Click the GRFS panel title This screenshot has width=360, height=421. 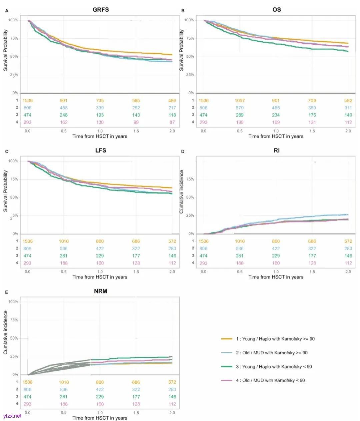100,10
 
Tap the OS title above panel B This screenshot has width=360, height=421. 276,10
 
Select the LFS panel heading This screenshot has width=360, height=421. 100,151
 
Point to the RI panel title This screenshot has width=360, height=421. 276,151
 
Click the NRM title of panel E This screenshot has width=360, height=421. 100,291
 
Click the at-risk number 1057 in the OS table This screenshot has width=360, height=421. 240,101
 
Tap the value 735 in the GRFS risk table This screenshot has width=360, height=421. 100,101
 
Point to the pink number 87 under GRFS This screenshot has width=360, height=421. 172,122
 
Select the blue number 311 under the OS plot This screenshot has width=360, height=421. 348,108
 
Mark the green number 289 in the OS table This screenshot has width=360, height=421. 240,115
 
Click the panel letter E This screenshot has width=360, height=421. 7,292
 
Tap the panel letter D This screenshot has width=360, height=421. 183,152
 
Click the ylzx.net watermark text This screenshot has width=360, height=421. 12,416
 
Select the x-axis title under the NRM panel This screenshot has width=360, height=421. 100,418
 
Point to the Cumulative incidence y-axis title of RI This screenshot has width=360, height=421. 182,192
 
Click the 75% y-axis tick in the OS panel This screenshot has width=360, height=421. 189,39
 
